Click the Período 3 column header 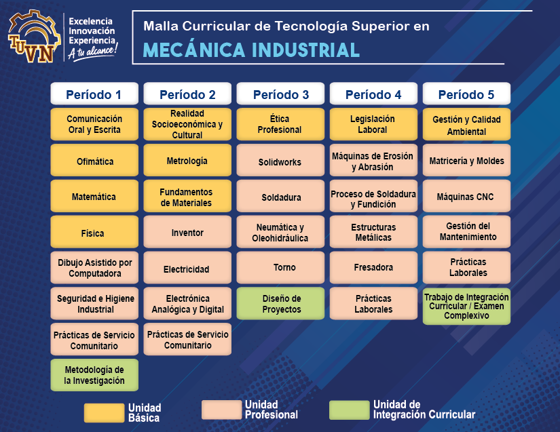(x=281, y=94)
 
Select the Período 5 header (x=466, y=94)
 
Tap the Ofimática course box (x=94, y=161)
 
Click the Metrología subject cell (x=187, y=161)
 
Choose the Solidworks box (x=280, y=162)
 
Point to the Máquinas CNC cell (x=466, y=197)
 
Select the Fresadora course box (x=373, y=268)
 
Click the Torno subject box (x=280, y=268)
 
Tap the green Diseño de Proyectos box (x=280, y=304)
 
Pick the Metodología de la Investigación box (x=94, y=375)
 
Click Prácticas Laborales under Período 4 (x=373, y=304)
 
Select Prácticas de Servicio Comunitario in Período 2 (x=187, y=340)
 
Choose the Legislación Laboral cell (x=373, y=124)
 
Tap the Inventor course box (x=187, y=233)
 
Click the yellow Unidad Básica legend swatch (x=103, y=412)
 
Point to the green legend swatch (x=348, y=410)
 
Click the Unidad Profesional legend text (x=271, y=410)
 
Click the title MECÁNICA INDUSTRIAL (x=251, y=50)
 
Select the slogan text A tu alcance (x=93, y=51)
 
